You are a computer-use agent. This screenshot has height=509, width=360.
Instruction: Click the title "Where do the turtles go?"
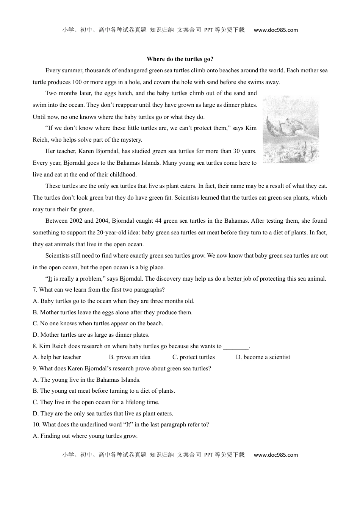coord(180,59)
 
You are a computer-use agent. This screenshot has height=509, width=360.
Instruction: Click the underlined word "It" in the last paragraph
coord(50,279)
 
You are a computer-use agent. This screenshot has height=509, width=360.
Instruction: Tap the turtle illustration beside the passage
coord(291,129)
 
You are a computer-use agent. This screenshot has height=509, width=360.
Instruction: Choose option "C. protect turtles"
coord(193,357)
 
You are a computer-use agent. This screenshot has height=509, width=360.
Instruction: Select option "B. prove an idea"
coord(130,357)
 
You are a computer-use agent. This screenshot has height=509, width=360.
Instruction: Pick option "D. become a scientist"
coord(263,357)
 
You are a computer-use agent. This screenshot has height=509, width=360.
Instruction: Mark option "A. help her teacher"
coord(57,357)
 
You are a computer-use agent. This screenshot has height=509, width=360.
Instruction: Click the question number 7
coord(35,290)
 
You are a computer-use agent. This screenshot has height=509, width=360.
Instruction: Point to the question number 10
coord(36,425)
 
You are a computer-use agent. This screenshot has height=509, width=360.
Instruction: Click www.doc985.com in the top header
coord(276,30)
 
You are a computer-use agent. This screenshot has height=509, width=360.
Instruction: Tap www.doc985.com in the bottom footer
coord(276,455)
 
